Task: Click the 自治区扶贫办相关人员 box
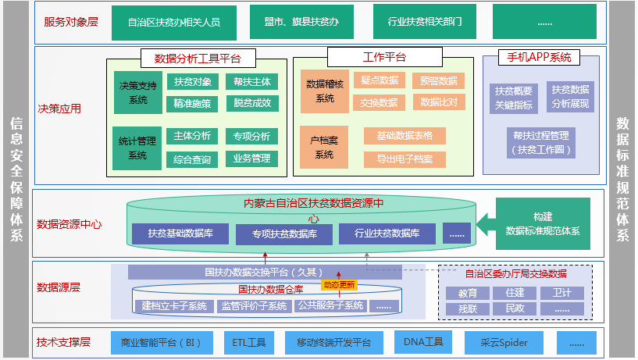click(x=173, y=22)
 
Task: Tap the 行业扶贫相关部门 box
click(x=419, y=22)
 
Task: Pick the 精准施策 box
click(x=192, y=103)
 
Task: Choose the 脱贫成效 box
click(x=251, y=103)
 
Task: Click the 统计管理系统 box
click(x=137, y=148)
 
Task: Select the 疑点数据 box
click(x=380, y=80)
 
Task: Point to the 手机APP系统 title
click(x=539, y=58)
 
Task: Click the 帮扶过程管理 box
click(x=540, y=141)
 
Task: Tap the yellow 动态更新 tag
click(x=338, y=284)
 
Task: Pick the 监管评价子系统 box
click(x=253, y=305)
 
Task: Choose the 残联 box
click(x=468, y=308)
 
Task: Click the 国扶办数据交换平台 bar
click(x=262, y=273)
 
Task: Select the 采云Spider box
click(x=504, y=342)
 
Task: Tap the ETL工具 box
click(x=248, y=342)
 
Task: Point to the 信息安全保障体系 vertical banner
click(x=16, y=180)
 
